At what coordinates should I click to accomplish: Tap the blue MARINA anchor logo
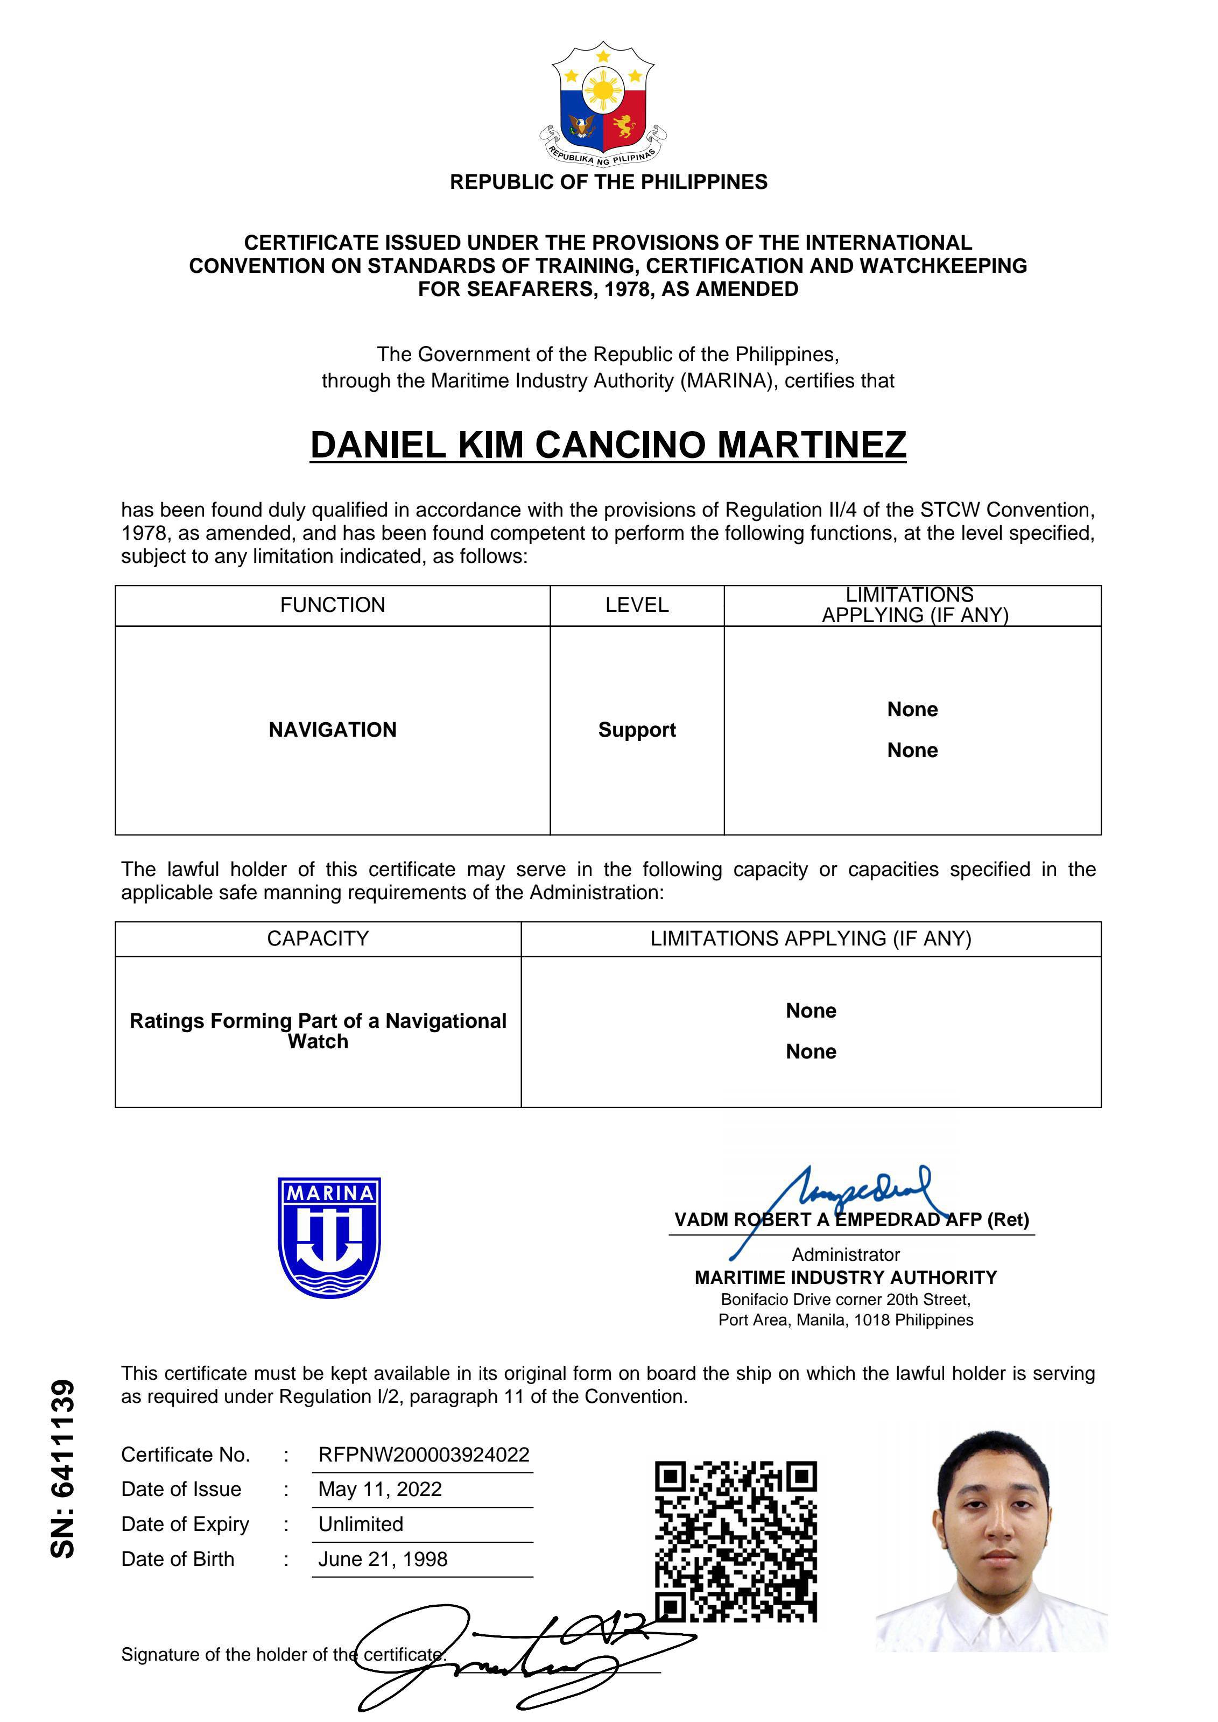[329, 1237]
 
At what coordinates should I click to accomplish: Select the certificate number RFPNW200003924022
[424, 1455]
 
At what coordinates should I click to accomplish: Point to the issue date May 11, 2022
[380, 1490]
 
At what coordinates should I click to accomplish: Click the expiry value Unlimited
[361, 1524]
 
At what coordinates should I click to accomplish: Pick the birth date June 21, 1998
[383, 1559]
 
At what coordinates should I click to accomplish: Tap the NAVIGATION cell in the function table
[332, 730]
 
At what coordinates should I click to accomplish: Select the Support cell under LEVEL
[637, 730]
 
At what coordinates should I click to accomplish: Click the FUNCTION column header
[332, 605]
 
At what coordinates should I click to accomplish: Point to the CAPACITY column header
[318, 939]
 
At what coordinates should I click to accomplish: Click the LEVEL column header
[637, 605]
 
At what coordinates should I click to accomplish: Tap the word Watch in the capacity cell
[318, 1042]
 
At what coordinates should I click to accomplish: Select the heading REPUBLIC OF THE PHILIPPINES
[608, 182]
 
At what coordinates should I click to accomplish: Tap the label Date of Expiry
[185, 1524]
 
